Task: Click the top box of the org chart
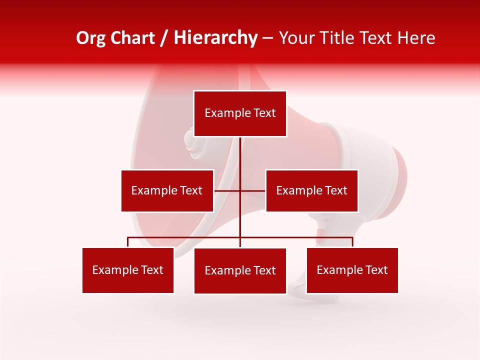[240, 113]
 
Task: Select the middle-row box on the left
[167, 190]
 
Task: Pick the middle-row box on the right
[311, 190]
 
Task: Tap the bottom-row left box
[128, 270]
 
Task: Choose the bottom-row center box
[240, 270]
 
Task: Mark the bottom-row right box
[352, 270]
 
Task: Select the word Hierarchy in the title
[215, 38]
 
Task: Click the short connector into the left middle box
[227, 190]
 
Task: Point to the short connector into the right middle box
[253, 190]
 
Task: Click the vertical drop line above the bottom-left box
[128, 242]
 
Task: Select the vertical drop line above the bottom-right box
[352, 242]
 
